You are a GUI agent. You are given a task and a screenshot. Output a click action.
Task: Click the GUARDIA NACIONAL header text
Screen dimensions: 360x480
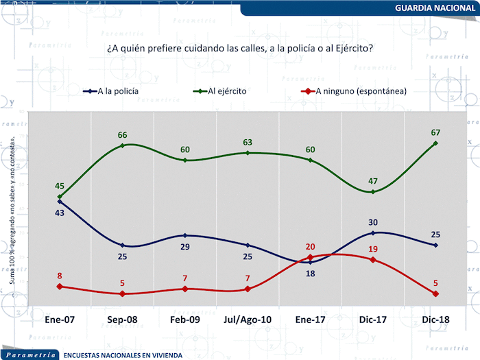click(x=435, y=8)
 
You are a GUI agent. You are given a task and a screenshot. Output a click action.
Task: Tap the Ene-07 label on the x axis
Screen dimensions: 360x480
click(x=60, y=320)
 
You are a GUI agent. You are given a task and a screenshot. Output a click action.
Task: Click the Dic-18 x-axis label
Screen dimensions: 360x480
click(x=435, y=320)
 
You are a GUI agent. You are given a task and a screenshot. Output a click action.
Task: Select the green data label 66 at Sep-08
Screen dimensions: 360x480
click(x=122, y=134)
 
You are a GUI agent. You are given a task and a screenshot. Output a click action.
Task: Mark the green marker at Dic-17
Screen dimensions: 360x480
click(x=373, y=192)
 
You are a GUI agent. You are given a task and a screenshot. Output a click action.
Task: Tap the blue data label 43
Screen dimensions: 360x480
click(x=60, y=213)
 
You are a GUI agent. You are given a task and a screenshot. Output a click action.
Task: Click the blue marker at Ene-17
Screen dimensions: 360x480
click(x=311, y=262)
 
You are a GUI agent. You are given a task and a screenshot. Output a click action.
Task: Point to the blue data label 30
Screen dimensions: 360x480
click(x=372, y=222)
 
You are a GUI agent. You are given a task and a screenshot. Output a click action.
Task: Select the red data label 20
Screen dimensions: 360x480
click(x=311, y=247)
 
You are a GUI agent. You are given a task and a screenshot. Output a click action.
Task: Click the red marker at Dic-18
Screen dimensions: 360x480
click(x=435, y=293)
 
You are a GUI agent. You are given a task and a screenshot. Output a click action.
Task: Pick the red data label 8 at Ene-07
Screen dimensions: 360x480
click(x=60, y=276)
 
